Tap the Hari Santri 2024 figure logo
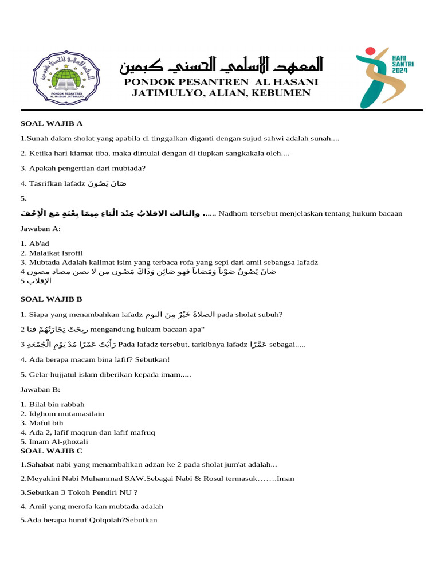pos(380,77)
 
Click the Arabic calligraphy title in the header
pos(221,65)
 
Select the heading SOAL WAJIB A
pos(52,123)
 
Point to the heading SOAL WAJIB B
pos(52,299)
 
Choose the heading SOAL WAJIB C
pos(52,451)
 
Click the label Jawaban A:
pos(40,228)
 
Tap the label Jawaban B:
pos(40,389)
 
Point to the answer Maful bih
pos(46,422)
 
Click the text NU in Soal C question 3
pos(123,492)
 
